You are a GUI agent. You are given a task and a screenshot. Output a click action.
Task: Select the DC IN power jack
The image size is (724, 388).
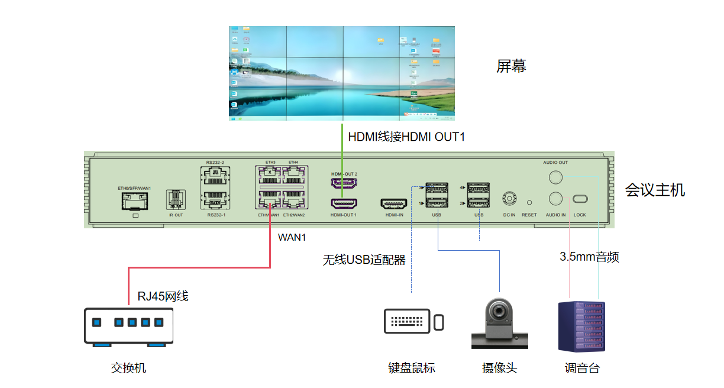pos(509,198)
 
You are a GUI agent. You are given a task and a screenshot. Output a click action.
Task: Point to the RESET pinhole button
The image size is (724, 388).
pos(529,202)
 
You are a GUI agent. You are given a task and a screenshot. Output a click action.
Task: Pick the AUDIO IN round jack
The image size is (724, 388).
pos(556,198)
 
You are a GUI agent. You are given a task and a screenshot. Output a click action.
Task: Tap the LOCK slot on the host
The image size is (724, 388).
pos(580,199)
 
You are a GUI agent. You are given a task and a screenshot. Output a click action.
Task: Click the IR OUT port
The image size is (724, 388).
pos(176,198)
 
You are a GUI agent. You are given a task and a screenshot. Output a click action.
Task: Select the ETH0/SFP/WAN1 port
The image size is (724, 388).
pos(135,202)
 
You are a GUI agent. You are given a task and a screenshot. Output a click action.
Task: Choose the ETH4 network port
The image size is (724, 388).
pos(293,176)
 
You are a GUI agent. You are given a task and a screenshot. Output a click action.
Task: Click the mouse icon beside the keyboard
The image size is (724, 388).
pos(438,322)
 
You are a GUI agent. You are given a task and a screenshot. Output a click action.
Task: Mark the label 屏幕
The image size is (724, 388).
pos(511,66)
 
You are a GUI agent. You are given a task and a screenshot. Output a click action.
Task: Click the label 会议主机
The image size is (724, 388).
pos(655,190)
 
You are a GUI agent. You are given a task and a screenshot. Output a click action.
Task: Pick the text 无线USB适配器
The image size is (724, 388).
pos(364,260)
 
